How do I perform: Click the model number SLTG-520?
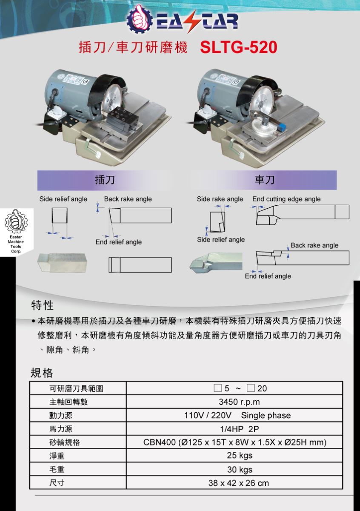coord(238,47)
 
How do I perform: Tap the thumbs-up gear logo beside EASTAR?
coord(139,19)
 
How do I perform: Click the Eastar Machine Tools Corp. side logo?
coord(16,231)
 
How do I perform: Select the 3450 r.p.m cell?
coord(234,402)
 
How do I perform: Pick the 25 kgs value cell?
coord(234,456)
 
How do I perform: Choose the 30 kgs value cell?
coord(234,469)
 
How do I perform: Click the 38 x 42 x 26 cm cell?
coord(234,482)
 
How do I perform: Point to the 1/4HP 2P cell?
coord(234,429)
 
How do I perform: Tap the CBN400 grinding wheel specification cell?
coord(234,442)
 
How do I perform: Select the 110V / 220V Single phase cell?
coord(234,415)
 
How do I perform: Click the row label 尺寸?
coord(57,483)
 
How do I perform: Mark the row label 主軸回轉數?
coord(69,402)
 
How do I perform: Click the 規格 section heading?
coord(42,373)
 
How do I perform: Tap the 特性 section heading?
coord(43,305)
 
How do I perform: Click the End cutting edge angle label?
coord(286,199)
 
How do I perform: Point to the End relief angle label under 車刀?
coord(268,276)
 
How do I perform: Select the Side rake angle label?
coord(220,199)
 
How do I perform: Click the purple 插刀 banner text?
coord(105,180)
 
